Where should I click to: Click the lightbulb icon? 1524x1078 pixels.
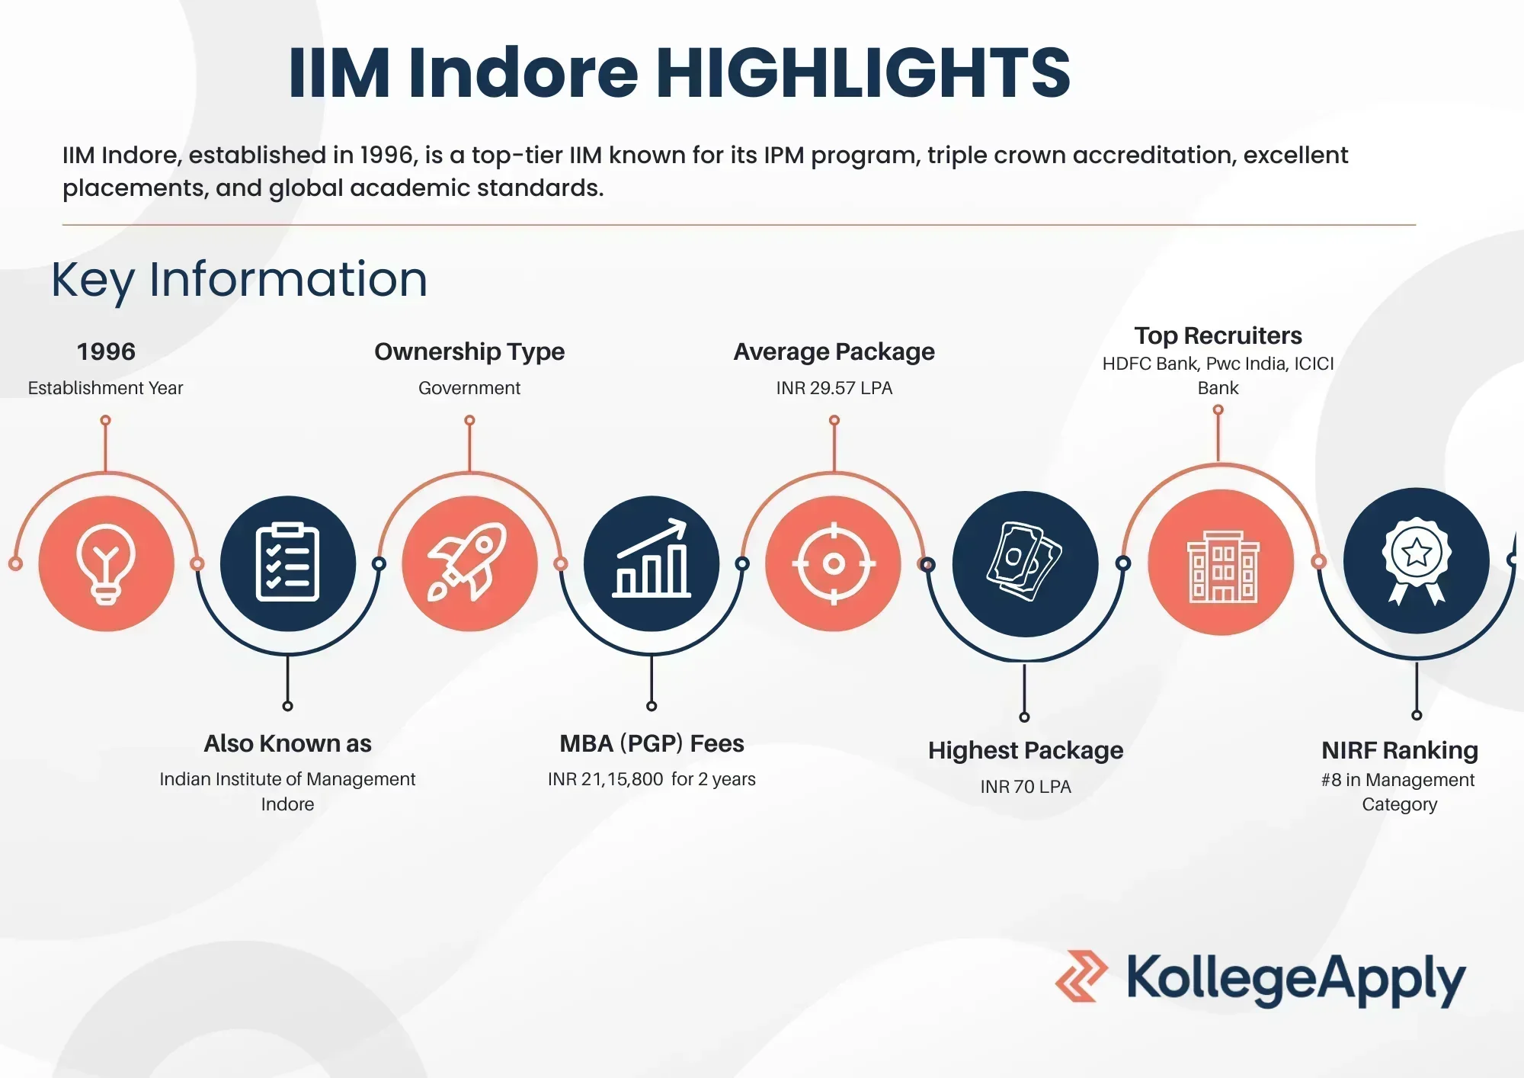[x=106, y=564]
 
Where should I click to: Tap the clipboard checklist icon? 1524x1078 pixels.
[x=287, y=563]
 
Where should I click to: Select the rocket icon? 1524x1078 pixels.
[x=468, y=562]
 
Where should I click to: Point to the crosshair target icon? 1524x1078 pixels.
[x=834, y=564]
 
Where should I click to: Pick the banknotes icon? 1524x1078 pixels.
[x=1024, y=562]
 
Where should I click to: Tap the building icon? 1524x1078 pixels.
[x=1223, y=566]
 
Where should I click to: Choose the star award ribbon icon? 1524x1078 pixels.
[x=1417, y=561]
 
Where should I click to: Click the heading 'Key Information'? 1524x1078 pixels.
[x=239, y=280]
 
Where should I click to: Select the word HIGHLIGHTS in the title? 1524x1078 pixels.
[x=863, y=72]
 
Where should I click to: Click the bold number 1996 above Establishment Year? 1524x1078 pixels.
[x=106, y=351]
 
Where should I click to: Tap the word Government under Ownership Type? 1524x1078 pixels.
[x=469, y=388]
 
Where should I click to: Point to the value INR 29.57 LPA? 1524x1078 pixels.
[x=834, y=388]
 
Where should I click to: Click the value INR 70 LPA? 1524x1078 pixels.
[x=1026, y=787]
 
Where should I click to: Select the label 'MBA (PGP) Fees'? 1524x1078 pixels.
[x=652, y=743]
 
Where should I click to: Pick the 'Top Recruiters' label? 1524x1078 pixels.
[x=1218, y=335]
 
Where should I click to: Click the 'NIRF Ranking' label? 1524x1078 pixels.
[x=1400, y=750]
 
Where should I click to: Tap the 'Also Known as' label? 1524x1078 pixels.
[x=287, y=743]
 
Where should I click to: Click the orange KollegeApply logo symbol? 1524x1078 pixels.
[x=1081, y=976]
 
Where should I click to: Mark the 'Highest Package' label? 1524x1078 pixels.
[x=1026, y=751]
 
